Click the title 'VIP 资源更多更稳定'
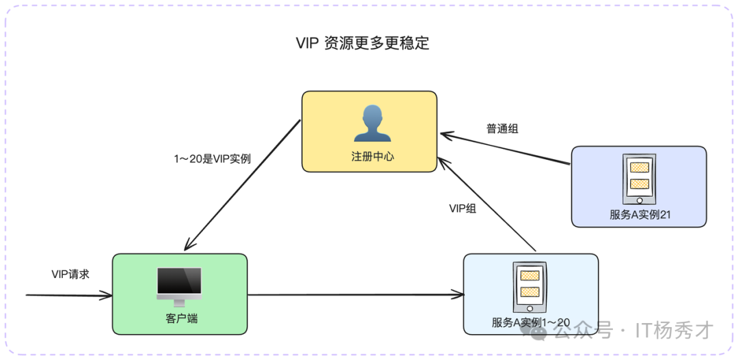coord(362,42)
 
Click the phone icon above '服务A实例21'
coord(639,178)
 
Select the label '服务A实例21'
coord(639,214)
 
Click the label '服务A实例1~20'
coord(530,322)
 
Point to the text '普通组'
coord(502,128)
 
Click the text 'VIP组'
coord(463,208)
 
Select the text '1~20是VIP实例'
coord(212,158)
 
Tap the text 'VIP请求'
coord(70,274)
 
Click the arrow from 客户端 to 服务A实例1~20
coord(355,295)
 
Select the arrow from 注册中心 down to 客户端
coord(243,184)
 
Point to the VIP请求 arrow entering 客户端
coord(68,295)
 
